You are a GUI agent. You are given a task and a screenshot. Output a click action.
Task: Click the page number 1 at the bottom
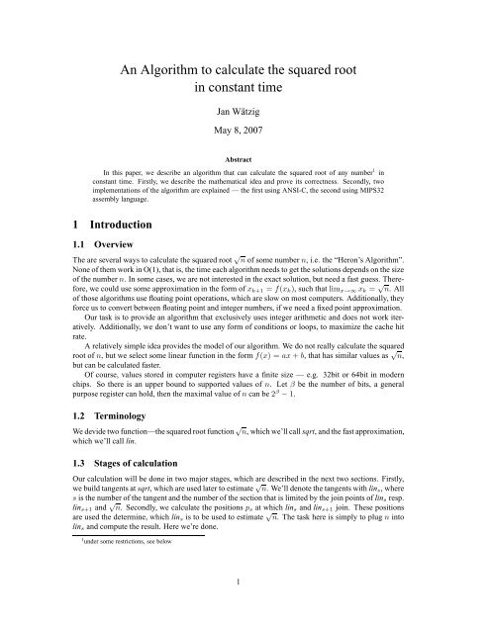point(245,610)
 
